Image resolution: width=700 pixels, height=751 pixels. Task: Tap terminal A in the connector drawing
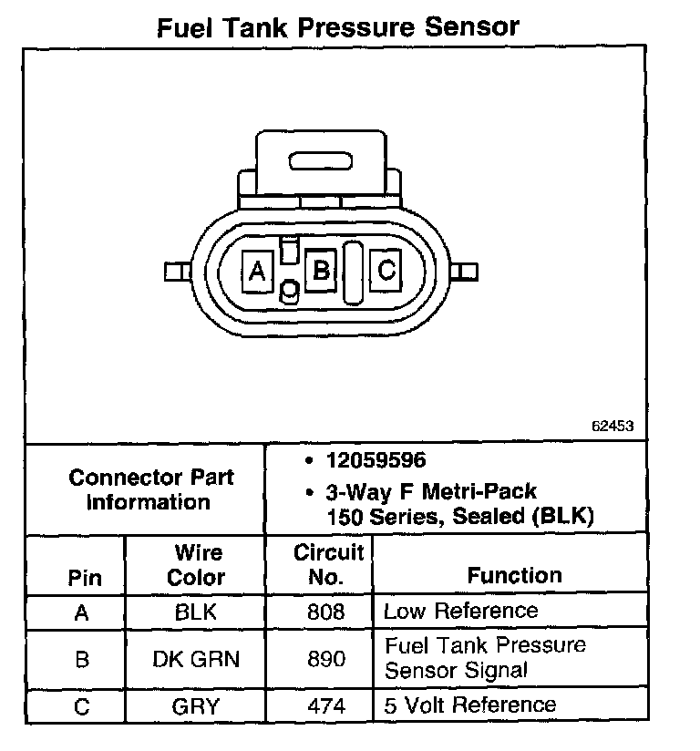pyautogui.click(x=257, y=271)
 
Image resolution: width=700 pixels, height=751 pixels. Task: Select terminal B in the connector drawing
pyautogui.click(x=321, y=271)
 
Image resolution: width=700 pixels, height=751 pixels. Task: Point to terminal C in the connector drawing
pyautogui.click(x=386, y=271)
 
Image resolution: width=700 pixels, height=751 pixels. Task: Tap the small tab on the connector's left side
pyautogui.click(x=174, y=272)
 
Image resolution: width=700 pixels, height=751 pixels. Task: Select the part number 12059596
pyautogui.click(x=376, y=460)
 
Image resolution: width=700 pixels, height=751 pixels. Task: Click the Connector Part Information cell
pyautogui.click(x=151, y=489)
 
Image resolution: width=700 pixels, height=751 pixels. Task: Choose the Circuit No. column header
pyautogui.click(x=329, y=565)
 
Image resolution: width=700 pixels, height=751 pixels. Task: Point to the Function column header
pyautogui.click(x=514, y=575)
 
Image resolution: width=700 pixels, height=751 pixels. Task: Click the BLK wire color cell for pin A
pyautogui.click(x=196, y=612)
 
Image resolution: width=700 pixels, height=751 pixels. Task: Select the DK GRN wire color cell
pyautogui.click(x=196, y=658)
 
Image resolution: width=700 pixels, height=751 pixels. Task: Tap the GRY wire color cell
pyautogui.click(x=196, y=705)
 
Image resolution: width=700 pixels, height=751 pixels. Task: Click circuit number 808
pyautogui.click(x=327, y=612)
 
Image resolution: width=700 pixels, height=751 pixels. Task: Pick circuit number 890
pyautogui.click(x=327, y=658)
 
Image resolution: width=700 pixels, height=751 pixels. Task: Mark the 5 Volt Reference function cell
pyautogui.click(x=469, y=705)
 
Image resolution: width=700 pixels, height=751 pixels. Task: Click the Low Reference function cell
pyautogui.click(x=460, y=611)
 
